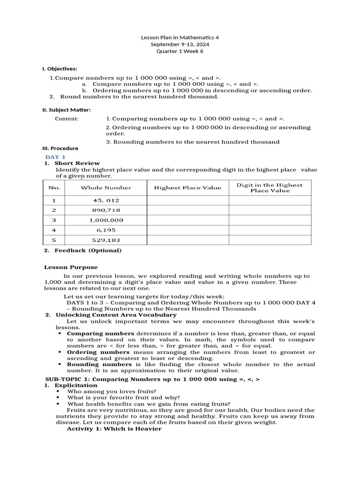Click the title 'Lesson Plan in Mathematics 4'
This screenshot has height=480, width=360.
[x=180, y=37]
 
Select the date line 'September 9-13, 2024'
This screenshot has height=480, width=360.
[x=180, y=44]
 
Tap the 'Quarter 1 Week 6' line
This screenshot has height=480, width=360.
[x=180, y=51]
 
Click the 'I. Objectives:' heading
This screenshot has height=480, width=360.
[x=60, y=68]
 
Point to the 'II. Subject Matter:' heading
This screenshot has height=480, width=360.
[x=67, y=110]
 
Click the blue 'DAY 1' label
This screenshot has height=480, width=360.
[x=55, y=157]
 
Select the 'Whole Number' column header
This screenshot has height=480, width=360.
[x=106, y=188]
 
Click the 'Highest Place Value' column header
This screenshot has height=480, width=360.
[x=187, y=188]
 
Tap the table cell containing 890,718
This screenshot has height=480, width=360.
[x=106, y=210]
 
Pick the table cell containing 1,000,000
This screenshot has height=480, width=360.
[x=106, y=220]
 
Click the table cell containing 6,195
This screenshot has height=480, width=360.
[x=106, y=230]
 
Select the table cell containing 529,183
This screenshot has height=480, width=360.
[x=106, y=240]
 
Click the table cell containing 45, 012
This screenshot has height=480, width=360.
[x=106, y=200]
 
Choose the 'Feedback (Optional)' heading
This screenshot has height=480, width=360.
[x=88, y=250]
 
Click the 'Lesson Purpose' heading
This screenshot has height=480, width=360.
[x=71, y=267]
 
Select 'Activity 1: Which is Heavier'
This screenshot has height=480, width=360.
[x=114, y=428]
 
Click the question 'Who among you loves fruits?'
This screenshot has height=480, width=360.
[x=112, y=391]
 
